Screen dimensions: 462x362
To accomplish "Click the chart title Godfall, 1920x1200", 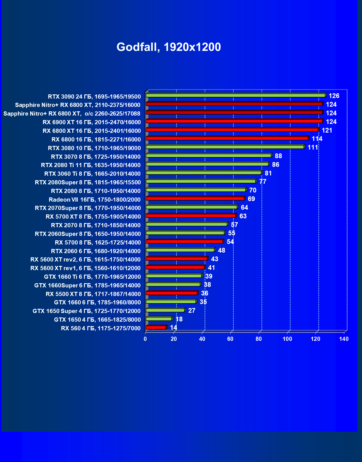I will (x=168, y=47).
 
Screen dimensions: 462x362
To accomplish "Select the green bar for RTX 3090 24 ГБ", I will (x=235, y=95).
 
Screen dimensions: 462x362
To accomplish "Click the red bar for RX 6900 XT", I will (x=234, y=121).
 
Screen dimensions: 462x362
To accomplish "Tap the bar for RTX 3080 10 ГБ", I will (x=225, y=147).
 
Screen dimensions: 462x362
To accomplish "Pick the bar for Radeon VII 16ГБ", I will (x=195, y=198).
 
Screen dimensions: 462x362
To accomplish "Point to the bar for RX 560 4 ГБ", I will (x=156, y=327).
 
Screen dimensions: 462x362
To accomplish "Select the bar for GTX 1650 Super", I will (x=165, y=310).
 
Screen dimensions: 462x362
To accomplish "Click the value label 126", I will (x=334, y=96).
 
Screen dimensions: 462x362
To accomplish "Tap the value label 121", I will (x=327, y=130).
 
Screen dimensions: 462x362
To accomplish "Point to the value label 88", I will (x=278, y=156).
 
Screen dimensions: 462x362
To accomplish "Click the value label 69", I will (x=251, y=199).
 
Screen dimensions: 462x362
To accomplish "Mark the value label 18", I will (x=179, y=319).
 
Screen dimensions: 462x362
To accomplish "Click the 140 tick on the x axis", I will (x=344, y=339).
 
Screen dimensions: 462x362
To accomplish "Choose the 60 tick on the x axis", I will (x=230, y=339).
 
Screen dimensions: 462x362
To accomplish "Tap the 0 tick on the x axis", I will (x=145, y=339).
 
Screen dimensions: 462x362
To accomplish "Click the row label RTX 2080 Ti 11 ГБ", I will (x=91, y=165).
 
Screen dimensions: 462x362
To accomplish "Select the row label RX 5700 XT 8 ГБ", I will (x=93, y=217).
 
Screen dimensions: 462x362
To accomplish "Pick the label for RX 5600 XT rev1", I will (x=85, y=268).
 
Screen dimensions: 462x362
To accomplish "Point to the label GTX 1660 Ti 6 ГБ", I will (x=92, y=277).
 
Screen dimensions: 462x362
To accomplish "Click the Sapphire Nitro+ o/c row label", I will (x=72, y=114).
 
